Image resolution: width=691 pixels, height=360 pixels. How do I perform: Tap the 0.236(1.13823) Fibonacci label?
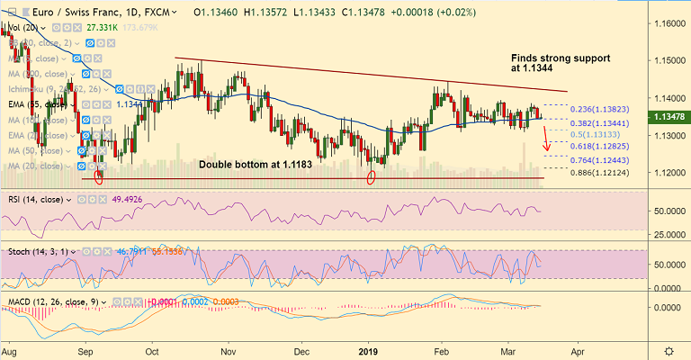pos(603,109)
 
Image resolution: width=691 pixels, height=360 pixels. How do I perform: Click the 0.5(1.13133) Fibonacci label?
pos(597,132)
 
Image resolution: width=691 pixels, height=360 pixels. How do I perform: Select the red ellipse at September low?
pos(98,176)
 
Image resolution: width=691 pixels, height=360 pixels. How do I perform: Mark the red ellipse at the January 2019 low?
pos(370,176)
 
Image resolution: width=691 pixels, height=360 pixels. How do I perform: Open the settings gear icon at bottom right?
pos(669,349)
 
